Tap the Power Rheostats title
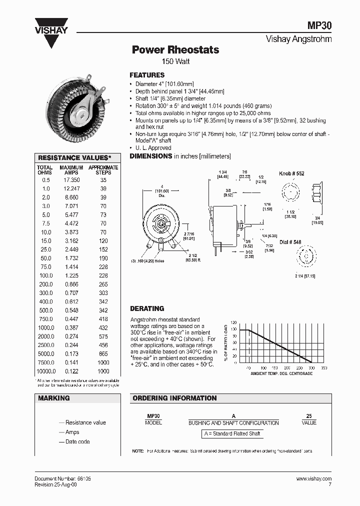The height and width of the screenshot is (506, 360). point(175,50)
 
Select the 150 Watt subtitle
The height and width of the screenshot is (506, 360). point(175,61)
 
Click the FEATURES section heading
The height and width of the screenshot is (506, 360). point(147,75)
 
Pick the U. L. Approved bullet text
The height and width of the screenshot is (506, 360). point(153,148)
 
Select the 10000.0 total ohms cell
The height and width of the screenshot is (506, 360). point(45,371)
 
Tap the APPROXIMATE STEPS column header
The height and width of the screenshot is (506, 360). point(103,170)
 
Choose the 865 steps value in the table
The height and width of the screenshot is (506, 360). point(103,354)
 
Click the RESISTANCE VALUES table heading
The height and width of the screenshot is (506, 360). point(78,157)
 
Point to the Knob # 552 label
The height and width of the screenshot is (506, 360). point(291,173)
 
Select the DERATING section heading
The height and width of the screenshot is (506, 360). point(147,308)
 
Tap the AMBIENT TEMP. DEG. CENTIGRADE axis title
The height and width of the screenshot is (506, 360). point(281,373)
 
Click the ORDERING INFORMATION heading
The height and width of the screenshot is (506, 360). point(174,398)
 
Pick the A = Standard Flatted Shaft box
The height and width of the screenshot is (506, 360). point(232,433)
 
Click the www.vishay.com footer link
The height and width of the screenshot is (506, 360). point(313,478)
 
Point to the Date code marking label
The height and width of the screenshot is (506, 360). point(77,442)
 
